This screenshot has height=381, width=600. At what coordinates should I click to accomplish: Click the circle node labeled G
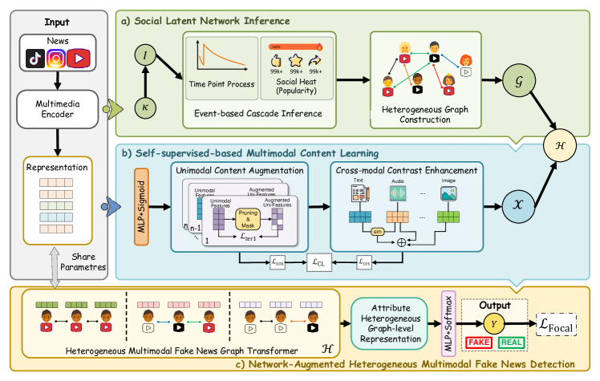pos(516,83)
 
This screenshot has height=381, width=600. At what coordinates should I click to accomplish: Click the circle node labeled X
pos(516,204)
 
